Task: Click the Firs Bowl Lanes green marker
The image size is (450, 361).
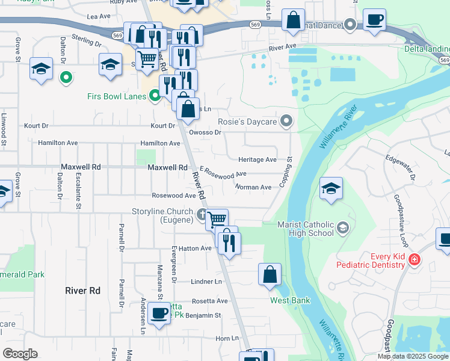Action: point(155,95)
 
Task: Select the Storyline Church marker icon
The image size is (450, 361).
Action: point(202,212)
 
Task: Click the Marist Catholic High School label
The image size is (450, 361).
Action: point(305,229)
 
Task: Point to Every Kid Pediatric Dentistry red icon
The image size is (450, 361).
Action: point(413,261)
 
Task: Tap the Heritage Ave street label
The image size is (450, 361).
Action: point(257,160)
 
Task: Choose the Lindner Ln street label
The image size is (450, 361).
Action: point(206,282)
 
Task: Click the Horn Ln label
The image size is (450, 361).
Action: point(227,339)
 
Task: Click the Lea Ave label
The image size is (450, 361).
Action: point(99,16)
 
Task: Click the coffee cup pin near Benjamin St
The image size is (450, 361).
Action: point(159,313)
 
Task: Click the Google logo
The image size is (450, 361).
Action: point(20,354)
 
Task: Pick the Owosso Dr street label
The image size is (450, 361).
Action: point(206,132)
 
